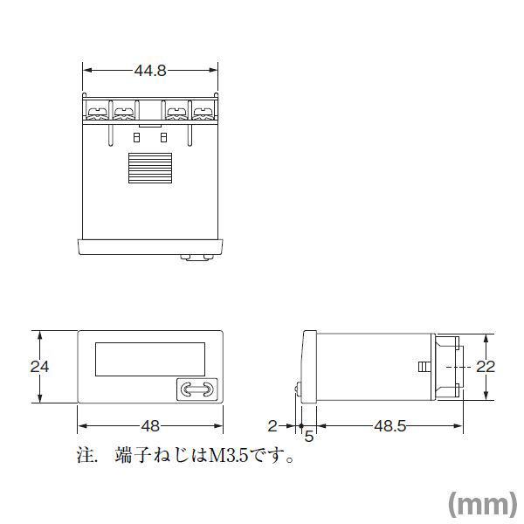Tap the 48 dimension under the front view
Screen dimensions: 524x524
pyautogui.click(x=150, y=426)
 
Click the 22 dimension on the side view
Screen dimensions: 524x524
pyautogui.click(x=486, y=367)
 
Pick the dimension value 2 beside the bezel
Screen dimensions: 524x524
pyautogui.click(x=272, y=426)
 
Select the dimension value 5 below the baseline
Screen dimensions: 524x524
pyautogui.click(x=308, y=436)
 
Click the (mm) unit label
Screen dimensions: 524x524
pyautogui.click(x=481, y=503)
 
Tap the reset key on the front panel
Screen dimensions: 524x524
pyautogui.click(x=196, y=390)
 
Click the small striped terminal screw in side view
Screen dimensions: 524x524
pyautogui.click(x=424, y=367)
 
